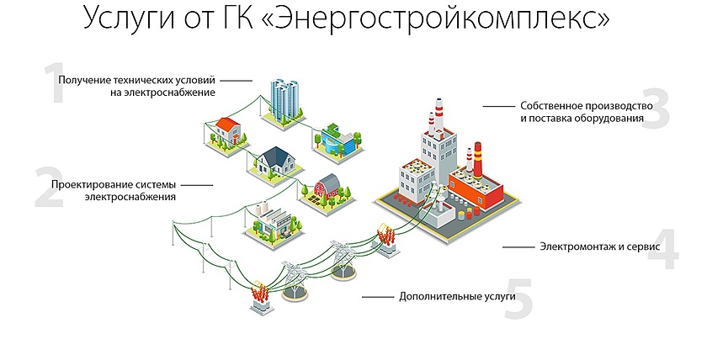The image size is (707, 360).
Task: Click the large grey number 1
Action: point(56,84)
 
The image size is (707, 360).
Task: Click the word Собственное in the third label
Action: point(554,107)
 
